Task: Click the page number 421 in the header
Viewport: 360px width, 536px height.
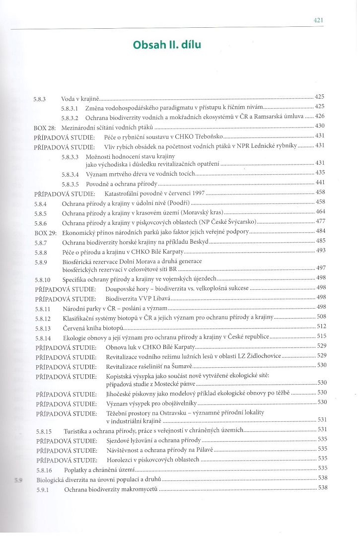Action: click(319, 20)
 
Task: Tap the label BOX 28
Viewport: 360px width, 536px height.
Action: click(44, 127)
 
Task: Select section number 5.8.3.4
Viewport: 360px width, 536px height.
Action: click(71, 174)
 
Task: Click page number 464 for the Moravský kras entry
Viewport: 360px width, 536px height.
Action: click(320, 212)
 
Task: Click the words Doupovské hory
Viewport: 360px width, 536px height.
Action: click(126, 288)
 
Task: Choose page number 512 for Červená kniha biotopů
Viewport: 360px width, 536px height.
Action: click(321, 326)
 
